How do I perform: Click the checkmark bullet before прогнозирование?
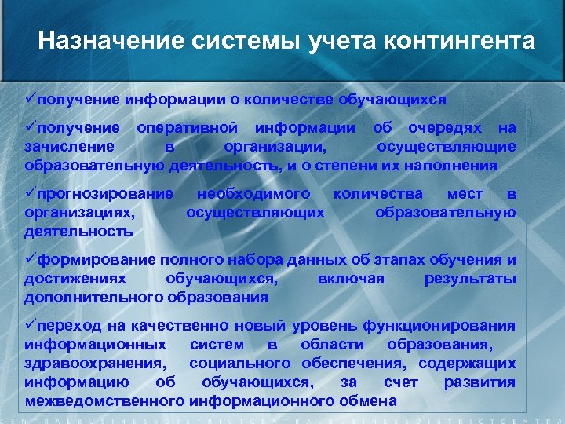tap(31, 192)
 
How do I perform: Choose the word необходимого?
tap(253, 193)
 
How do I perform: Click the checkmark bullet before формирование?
tap(31, 258)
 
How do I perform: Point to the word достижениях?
tap(70, 278)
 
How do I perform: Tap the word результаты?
tap(469, 278)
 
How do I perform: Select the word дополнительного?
tap(95, 297)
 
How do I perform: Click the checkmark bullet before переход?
tap(31, 324)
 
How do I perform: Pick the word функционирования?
tap(454, 325)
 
